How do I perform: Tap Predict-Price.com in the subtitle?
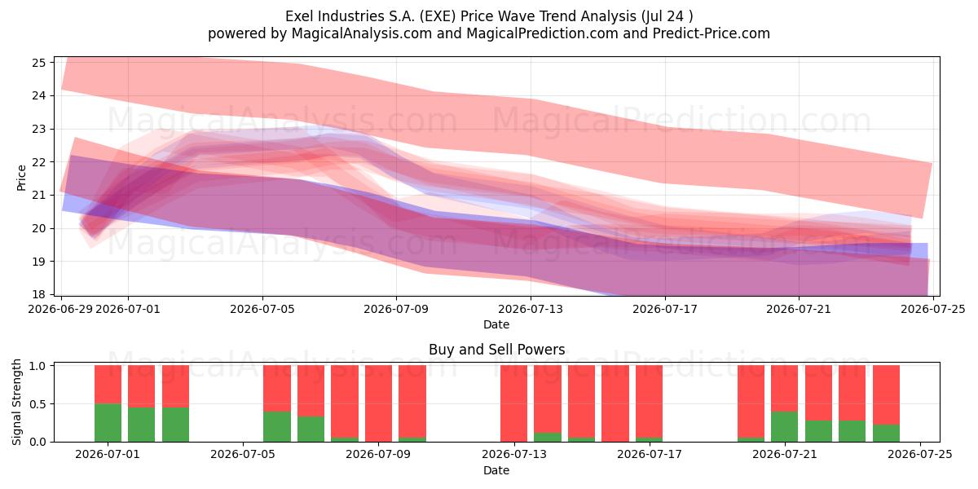click(711, 33)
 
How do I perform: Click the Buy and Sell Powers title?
click(497, 350)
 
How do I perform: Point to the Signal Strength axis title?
click(16, 402)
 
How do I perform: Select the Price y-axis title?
click(21, 178)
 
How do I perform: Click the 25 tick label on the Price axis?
click(39, 63)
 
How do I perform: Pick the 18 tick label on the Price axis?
click(39, 294)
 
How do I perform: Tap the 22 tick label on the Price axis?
click(39, 162)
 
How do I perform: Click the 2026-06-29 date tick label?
click(60, 309)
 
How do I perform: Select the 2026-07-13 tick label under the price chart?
click(531, 309)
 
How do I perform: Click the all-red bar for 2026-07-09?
click(378, 403)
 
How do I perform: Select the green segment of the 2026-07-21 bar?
click(785, 426)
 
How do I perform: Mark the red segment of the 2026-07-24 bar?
click(887, 394)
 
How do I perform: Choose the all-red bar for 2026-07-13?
click(514, 403)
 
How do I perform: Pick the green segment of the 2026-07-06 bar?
click(311, 429)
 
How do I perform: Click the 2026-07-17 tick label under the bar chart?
click(650, 454)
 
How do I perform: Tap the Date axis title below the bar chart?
click(496, 470)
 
